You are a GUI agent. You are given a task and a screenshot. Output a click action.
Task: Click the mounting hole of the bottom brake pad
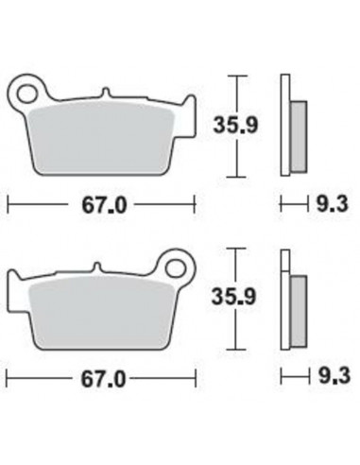tap(175, 265)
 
